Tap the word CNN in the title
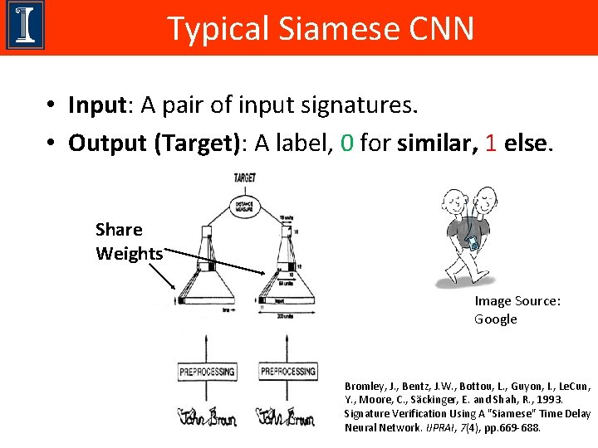click(442, 29)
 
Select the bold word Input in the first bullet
click(96, 105)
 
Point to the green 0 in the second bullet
click(346, 143)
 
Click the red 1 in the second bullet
click(491, 143)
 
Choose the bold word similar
click(438, 143)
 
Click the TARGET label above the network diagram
click(245, 178)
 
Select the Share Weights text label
click(128, 241)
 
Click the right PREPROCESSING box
click(288, 371)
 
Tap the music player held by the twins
click(473, 244)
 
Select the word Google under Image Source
click(496, 319)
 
